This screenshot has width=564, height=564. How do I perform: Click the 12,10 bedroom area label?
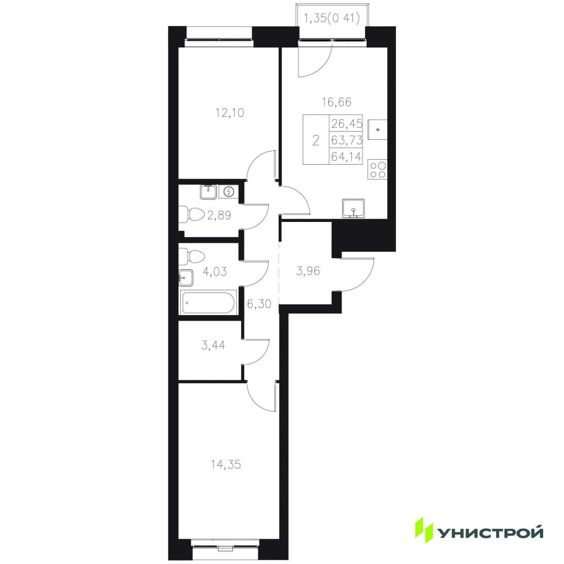tap(230, 113)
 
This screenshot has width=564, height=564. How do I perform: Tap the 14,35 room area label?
tap(225, 465)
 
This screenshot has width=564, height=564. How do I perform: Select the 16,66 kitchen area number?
tap(337, 102)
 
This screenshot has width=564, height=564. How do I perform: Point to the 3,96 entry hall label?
tap(307, 270)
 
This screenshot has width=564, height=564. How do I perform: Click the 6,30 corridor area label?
tap(259, 304)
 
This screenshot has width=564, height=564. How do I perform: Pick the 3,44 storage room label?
tap(213, 345)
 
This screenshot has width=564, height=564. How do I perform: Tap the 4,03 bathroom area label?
tap(215, 271)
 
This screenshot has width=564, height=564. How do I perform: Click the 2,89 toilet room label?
tap(219, 215)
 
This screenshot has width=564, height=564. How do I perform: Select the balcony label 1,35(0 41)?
tap(332, 18)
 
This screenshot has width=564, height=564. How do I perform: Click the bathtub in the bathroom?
tap(208, 303)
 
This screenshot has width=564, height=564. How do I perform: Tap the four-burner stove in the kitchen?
tap(377, 170)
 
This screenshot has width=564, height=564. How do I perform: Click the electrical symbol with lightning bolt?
tap(229, 192)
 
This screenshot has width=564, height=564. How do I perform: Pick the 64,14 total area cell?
tap(346, 156)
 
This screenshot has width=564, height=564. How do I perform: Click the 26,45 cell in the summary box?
tap(346, 123)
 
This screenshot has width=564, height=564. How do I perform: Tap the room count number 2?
tap(316, 140)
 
